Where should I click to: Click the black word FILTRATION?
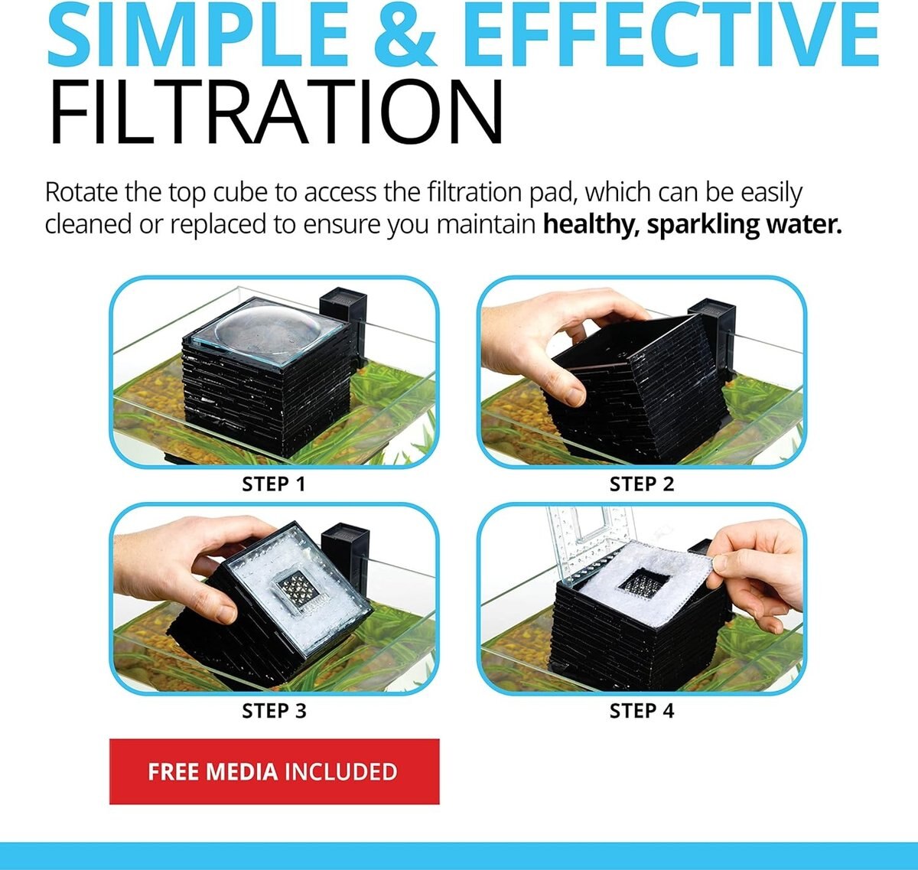pyautogui.click(x=275, y=113)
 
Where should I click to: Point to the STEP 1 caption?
pyautogui.click(x=274, y=484)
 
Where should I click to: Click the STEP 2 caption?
pyautogui.click(x=642, y=484)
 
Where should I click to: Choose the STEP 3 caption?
pyautogui.click(x=274, y=711)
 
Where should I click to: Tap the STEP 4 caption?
pyautogui.click(x=642, y=711)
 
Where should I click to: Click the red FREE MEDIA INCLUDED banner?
pyautogui.click(x=274, y=771)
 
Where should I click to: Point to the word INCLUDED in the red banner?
pyautogui.click(x=341, y=771)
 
